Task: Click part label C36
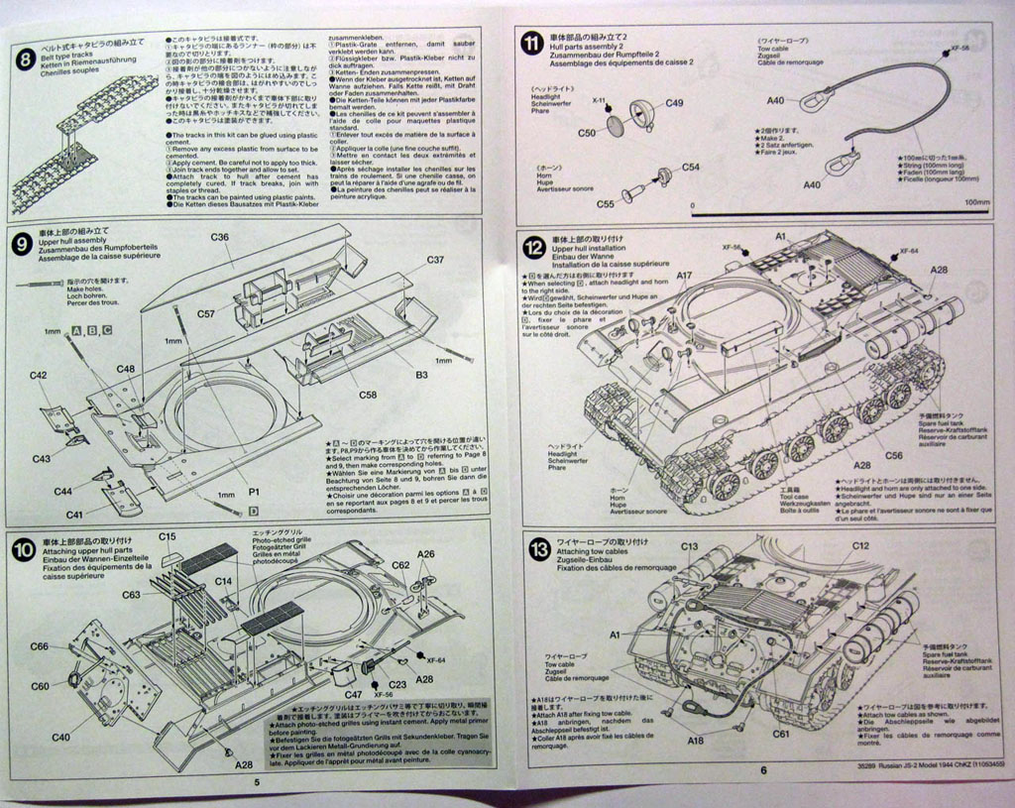point(220,237)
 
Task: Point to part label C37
point(436,260)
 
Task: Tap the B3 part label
point(421,376)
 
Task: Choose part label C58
point(367,395)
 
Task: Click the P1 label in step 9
point(255,492)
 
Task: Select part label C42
point(39,376)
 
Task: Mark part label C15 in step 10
point(168,537)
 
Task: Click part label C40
point(59,737)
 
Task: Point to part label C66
point(39,646)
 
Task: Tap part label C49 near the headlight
point(674,103)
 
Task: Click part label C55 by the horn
point(606,204)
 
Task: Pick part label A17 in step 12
point(685,276)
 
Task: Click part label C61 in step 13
point(781,735)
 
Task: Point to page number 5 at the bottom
point(257,783)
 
